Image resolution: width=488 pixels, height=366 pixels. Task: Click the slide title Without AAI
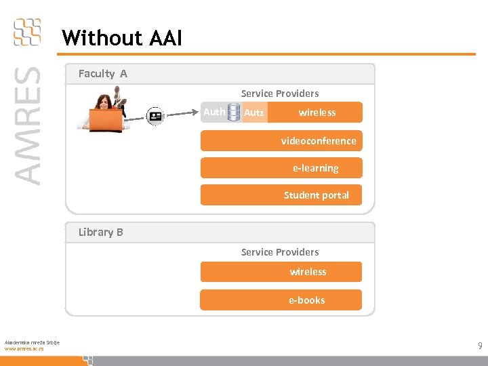(121, 38)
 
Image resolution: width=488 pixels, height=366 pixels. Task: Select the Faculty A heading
(102, 74)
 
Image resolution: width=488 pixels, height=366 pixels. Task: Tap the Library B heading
(100, 232)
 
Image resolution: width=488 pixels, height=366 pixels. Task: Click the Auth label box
(214, 112)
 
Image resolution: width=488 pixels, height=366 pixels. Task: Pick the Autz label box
(254, 113)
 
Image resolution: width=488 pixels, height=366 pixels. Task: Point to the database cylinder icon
(234, 113)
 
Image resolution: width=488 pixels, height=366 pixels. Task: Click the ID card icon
(156, 115)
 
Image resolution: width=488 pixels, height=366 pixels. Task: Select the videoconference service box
(281, 141)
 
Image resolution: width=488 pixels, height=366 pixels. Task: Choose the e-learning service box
(281, 168)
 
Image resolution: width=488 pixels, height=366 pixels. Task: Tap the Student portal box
(281, 195)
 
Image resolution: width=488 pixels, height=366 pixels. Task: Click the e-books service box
(281, 300)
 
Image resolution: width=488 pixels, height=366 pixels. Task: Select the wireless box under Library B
(281, 272)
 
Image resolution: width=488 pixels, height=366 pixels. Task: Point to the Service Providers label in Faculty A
(280, 94)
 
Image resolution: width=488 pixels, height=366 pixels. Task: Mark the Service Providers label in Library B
(280, 252)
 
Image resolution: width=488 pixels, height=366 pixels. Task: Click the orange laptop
(105, 120)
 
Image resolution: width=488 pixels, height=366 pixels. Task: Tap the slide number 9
(480, 346)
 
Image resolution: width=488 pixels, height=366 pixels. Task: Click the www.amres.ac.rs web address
(24, 348)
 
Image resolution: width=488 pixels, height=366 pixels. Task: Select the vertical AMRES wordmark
(27, 125)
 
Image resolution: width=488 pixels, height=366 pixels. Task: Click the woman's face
(104, 102)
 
